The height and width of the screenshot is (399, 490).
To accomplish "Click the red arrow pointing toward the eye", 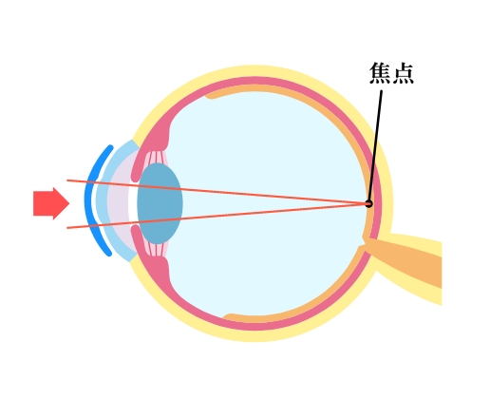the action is point(51,203).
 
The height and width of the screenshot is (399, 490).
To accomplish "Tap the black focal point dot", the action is point(368,203).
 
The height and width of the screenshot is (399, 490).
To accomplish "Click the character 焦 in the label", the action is point(379,73).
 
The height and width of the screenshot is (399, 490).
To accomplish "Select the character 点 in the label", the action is point(403,73).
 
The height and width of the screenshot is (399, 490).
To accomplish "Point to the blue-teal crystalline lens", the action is point(160,203).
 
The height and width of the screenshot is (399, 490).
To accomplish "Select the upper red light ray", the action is point(217,192).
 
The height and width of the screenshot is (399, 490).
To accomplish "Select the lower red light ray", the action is point(217,216).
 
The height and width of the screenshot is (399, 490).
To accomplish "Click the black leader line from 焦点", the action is point(375,145).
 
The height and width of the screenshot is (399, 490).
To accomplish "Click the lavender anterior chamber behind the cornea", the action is point(119,202).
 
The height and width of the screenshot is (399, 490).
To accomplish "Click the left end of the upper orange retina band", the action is point(209,95).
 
